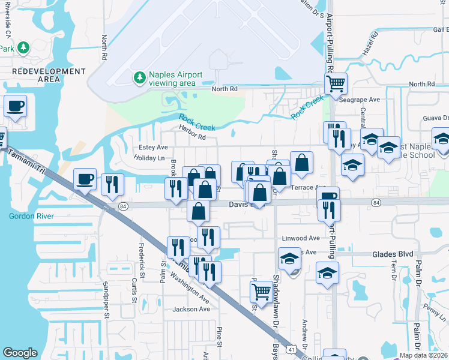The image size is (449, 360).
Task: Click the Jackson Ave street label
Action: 191,309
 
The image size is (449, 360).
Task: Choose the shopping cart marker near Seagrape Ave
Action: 336,83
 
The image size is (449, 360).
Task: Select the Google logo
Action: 20,353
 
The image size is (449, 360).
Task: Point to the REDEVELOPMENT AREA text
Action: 49,75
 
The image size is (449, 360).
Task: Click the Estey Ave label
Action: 154,147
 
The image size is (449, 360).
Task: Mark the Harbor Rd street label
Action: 192,137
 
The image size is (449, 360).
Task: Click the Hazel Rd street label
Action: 373,44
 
